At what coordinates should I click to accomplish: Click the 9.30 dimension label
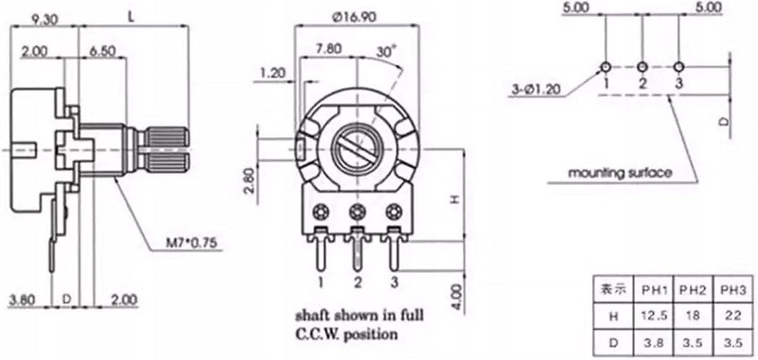[45, 20]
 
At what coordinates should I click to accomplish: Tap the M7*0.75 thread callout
[191, 243]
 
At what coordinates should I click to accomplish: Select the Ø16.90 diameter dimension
[354, 17]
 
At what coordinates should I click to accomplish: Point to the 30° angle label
[386, 51]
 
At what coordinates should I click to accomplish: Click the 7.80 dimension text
[328, 49]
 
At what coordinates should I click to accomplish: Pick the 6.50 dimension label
[103, 51]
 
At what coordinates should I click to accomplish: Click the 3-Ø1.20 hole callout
[536, 89]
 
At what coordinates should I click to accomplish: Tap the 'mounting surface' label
[620, 173]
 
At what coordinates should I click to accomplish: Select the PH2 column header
[693, 290]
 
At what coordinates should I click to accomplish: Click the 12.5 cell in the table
[654, 315]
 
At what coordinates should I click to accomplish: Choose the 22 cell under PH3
[733, 315]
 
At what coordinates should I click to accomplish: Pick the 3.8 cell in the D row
[653, 343]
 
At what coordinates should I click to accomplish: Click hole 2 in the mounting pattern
[642, 67]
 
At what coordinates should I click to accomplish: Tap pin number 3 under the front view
[394, 282]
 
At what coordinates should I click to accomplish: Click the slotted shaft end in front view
[358, 149]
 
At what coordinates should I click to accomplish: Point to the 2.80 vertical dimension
[250, 181]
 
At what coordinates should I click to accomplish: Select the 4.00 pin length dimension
[457, 297]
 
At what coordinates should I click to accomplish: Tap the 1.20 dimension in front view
[273, 73]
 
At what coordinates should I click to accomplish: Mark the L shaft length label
[131, 17]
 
